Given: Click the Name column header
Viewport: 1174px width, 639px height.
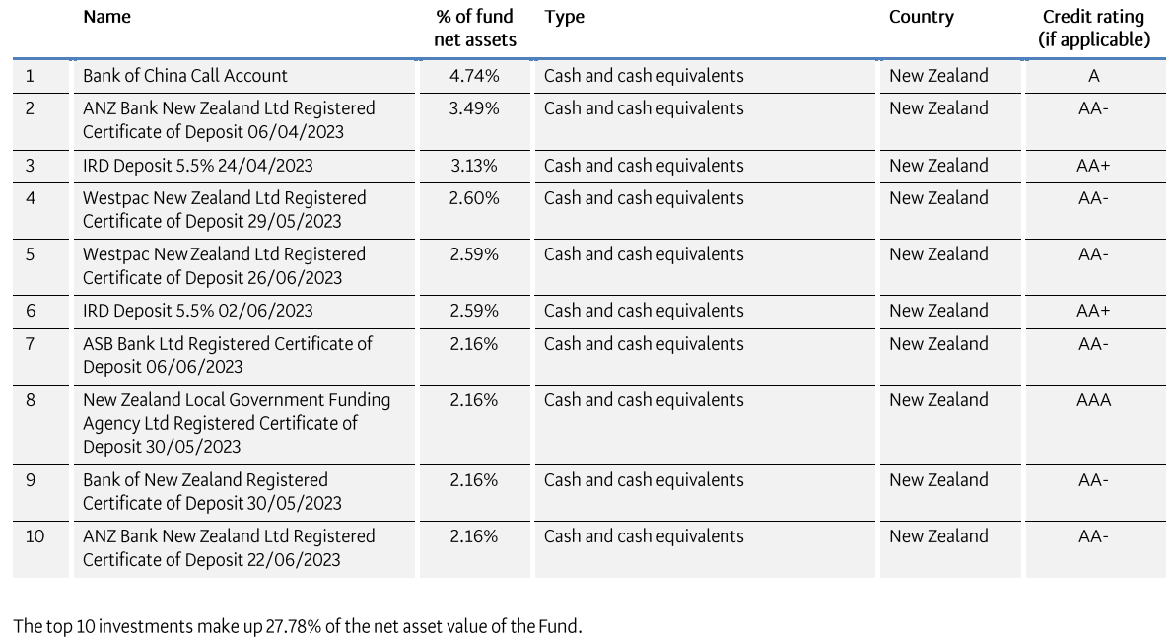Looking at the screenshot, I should click(106, 17).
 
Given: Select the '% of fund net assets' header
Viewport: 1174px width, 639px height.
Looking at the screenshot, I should click(474, 29).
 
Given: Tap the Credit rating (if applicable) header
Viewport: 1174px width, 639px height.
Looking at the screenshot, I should click(1093, 29).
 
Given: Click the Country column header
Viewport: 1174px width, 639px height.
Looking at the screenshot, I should click(921, 17).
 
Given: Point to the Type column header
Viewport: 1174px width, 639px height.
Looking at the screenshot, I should click(564, 17).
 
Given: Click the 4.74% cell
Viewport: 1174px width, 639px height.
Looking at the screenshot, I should click(474, 76).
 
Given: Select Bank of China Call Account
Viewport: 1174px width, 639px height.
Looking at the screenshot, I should click(185, 76).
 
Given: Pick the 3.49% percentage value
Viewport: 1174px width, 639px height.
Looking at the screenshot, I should click(474, 108).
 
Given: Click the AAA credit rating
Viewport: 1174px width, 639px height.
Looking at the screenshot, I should click(1093, 400).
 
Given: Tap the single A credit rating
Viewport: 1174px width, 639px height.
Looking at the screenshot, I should click(1094, 76).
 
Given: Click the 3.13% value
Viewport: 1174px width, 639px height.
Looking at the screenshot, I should click(474, 166).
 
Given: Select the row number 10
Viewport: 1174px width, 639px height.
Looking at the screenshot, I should click(35, 536).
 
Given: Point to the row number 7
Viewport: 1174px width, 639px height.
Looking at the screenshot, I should click(30, 344).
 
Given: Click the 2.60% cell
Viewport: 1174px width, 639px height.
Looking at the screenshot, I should click(474, 198).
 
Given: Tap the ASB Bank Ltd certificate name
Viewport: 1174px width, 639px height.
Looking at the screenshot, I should click(227, 355).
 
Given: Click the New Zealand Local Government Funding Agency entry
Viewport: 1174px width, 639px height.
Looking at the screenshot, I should click(236, 423).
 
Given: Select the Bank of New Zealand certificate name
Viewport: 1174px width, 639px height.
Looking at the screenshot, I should click(211, 491).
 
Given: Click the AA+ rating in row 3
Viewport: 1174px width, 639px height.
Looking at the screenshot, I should click(1093, 166).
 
